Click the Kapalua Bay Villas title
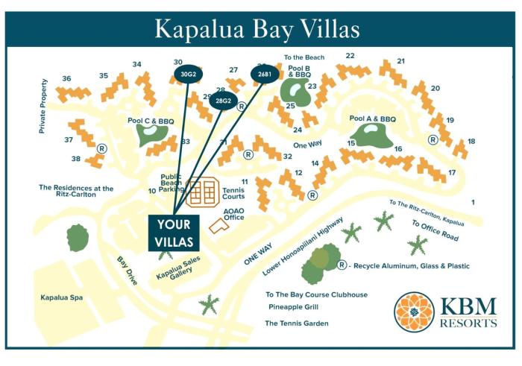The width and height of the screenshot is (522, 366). click(257, 28)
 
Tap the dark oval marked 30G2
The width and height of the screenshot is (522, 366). click(188, 75)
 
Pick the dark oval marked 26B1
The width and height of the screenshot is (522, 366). click(265, 75)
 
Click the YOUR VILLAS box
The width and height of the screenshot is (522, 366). click(174, 233)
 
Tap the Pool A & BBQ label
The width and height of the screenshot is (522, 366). click(373, 119)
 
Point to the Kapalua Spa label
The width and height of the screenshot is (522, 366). click(62, 297)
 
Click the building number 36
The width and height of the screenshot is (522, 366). click(66, 78)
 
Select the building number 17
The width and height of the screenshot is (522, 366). click(452, 173)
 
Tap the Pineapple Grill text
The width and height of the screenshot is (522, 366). click(294, 306)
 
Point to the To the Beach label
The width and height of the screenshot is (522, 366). click(304, 57)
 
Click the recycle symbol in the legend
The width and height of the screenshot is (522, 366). click(342, 265)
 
